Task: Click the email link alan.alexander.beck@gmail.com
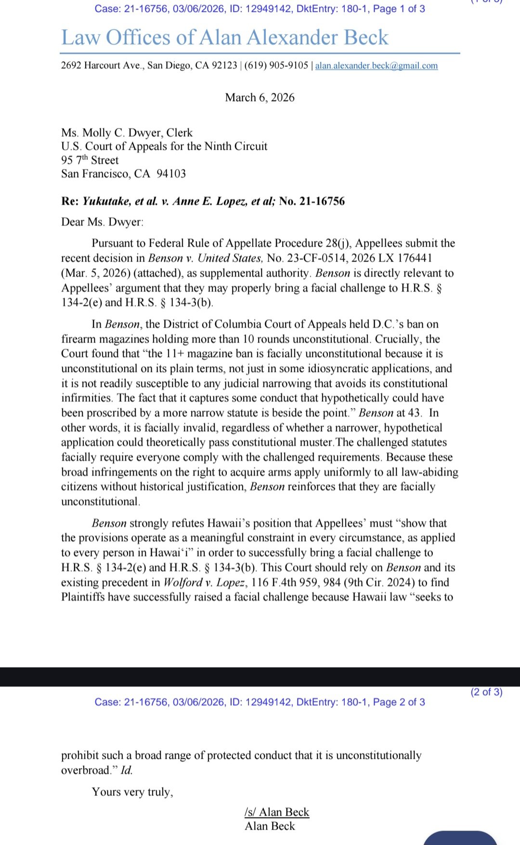[x=377, y=66]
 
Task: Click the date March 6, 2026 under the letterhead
[x=260, y=97]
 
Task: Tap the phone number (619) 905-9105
[x=276, y=66]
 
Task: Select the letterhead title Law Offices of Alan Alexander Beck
[x=225, y=38]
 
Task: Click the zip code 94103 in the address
[x=171, y=174]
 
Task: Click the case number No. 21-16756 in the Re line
[x=312, y=201]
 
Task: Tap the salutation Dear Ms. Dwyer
[x=102, y=222]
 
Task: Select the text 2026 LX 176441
[x=392, y=258]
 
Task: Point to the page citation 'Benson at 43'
[x=390, y=413]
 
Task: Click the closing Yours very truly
[x=132, y=792]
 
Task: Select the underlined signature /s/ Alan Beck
[x=277, y=812]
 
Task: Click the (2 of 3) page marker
[x=486, y=692]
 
